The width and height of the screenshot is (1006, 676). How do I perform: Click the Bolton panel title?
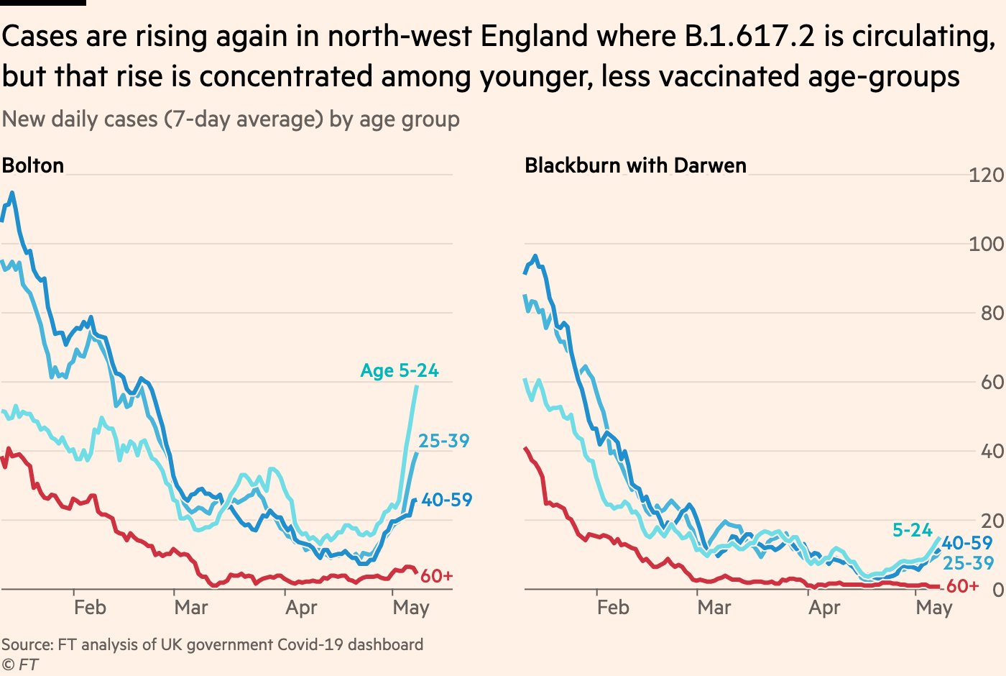(x=33, y=165)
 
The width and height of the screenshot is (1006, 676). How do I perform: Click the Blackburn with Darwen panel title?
(x=635, y=165)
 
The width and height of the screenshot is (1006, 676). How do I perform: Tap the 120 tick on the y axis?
(x=986, y=175)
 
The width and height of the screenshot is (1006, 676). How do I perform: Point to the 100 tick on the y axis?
(x=986, y=244)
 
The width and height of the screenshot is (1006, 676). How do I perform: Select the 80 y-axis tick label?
(x=992, y=313)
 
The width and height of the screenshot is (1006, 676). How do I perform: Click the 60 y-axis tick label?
(x=992, y=382)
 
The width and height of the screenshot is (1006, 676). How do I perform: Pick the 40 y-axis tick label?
(x=992, y=451)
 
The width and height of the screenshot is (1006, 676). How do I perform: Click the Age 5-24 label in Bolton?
(x=400, y=370)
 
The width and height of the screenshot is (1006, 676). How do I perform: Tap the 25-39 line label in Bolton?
(x=443, y=441)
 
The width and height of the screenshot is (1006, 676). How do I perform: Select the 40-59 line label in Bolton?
(x=447, y=500)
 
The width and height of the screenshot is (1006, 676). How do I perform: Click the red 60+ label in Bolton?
(x=436, y=576)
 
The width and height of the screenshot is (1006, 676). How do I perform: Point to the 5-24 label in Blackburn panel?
(x=912, y=530)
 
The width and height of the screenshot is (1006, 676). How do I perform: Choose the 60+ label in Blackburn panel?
(x=962, y=586)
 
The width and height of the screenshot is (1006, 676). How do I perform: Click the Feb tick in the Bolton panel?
(x=90, y=608)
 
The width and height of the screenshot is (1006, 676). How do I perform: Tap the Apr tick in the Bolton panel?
(x=301, y=608)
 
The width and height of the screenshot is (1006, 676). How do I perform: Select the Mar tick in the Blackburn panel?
(x=714, y=608)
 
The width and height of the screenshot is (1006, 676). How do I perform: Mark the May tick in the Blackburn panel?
(x=933, y=608)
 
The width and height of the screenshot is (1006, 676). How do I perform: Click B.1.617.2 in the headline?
(x=750, y=36)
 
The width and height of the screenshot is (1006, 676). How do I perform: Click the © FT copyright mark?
(x=20, y=664)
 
